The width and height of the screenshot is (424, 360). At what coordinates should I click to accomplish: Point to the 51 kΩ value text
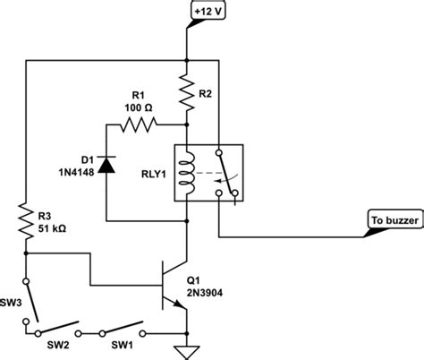[x=55, y=227]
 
